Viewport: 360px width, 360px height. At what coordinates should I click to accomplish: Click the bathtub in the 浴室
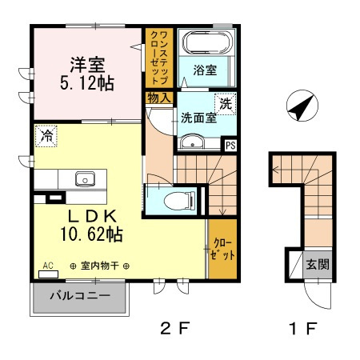coord(207,42)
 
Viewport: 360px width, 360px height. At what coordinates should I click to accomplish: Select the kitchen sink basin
coord(85,178)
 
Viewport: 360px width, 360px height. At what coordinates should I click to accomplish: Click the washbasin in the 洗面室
coord(193,142)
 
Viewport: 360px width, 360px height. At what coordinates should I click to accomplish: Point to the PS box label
coord(230,146)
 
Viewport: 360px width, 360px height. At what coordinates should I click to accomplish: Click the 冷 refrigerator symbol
coord(46,136)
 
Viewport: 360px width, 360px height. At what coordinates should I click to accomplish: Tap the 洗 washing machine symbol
coord(226,104)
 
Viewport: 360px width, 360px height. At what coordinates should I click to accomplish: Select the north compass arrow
coord(302,106)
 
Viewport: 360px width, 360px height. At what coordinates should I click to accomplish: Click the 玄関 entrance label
coord(318,265)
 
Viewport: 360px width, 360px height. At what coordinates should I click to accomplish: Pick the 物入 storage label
coord(159,98)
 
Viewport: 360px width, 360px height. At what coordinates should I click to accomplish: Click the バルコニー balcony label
coord(80,295)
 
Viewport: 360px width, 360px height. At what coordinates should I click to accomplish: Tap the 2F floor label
coord(175,328)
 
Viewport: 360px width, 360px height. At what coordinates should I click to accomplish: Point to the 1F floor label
coord(303,328)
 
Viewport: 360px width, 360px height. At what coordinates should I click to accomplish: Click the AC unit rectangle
coord(48,274)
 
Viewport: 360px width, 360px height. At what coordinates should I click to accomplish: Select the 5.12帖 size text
coord(87,83)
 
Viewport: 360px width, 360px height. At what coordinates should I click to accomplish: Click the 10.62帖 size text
coord(91,234)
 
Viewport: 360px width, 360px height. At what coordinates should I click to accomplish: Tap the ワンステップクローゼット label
coord(159,58)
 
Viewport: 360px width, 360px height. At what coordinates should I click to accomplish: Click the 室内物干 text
coord(100,266)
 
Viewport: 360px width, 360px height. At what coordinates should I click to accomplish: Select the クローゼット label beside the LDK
coord(222,249)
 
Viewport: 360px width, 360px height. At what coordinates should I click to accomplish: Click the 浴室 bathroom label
coord(205,70)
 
